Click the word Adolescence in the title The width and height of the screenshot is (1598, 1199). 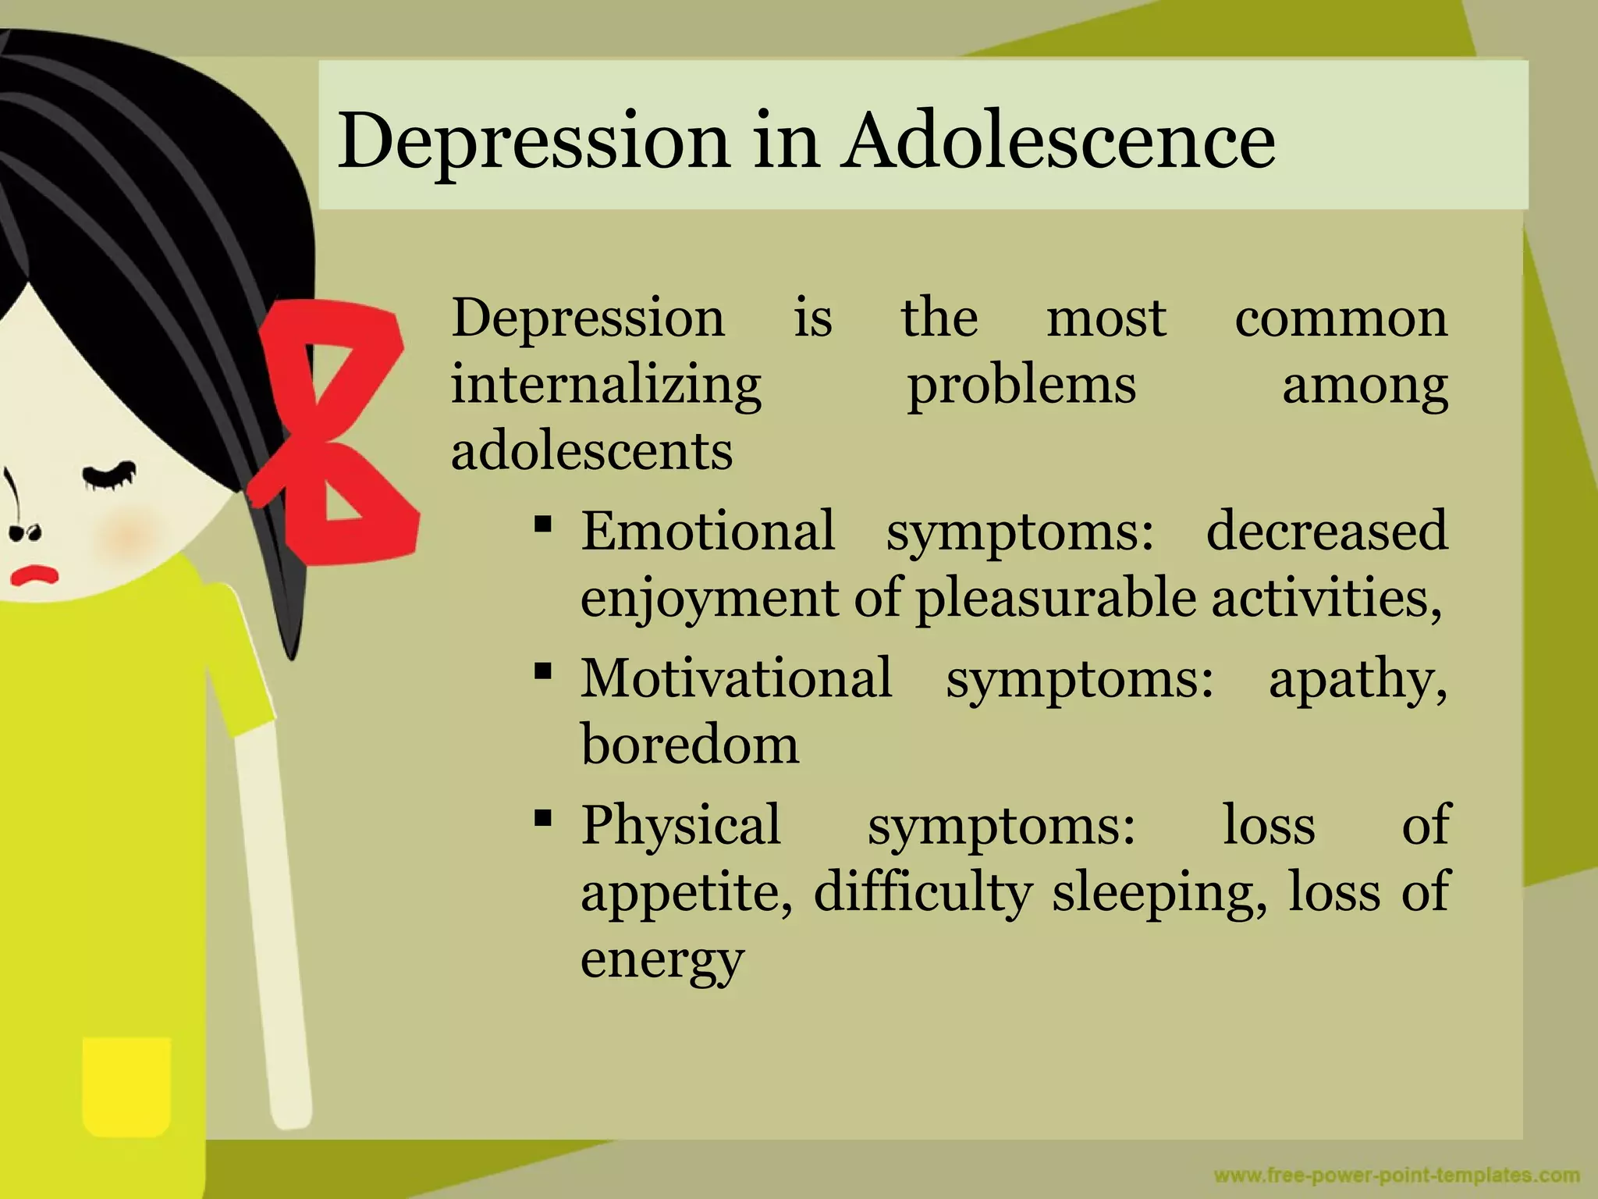tap(1058, 141)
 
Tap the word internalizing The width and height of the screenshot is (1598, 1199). tap(606, 386)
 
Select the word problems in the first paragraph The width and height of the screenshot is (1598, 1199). tap(1021, 386)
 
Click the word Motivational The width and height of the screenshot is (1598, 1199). tap(736, 678)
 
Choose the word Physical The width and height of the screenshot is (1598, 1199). tap(680, 824)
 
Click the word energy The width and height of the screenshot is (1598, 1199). tap(662, 959)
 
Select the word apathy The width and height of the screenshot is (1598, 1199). tap(1357, 679)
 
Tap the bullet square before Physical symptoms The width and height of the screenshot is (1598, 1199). tap(544, 818)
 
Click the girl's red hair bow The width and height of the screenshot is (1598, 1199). tap(336, 429)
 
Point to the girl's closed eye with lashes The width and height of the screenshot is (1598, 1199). tap(109, 476)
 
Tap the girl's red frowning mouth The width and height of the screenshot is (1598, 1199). tap(34, 575)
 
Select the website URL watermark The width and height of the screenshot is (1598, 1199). tap(1397, 1176)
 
